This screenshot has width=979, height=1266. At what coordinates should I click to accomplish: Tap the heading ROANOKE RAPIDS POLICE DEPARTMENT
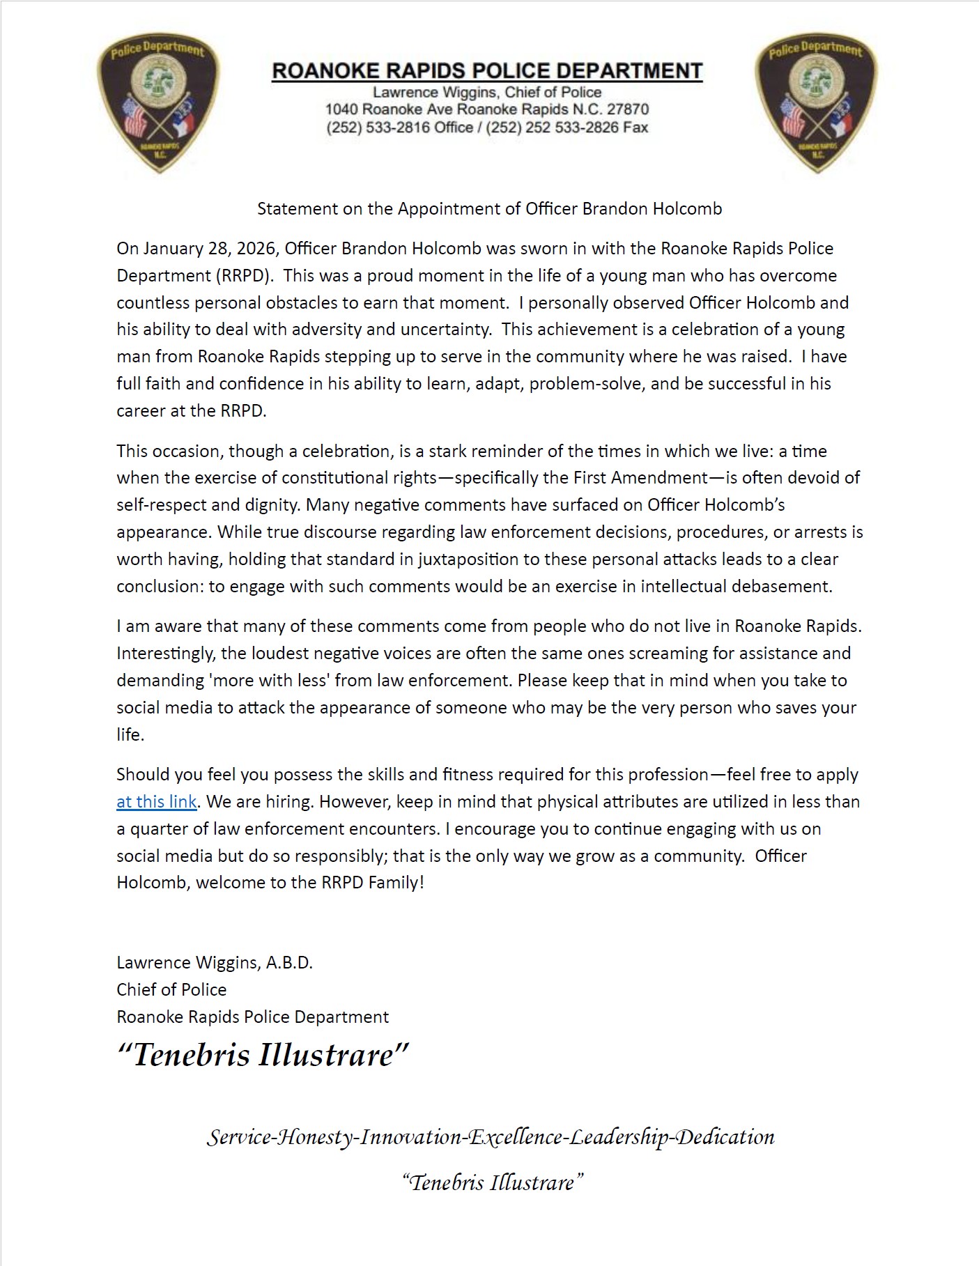coord(487,71)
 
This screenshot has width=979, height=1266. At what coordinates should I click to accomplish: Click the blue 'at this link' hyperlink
coord(156,802)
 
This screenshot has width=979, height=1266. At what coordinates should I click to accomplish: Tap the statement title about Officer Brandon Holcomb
coord(489,209)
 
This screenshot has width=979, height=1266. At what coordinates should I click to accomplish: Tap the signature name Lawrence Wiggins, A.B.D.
coord(215,963)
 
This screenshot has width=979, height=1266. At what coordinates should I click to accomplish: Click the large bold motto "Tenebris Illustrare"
coord(263,1055)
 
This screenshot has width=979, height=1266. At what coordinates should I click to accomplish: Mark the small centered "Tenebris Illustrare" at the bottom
coord(492,1182)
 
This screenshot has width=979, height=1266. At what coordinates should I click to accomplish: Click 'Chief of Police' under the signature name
coord(171,990)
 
